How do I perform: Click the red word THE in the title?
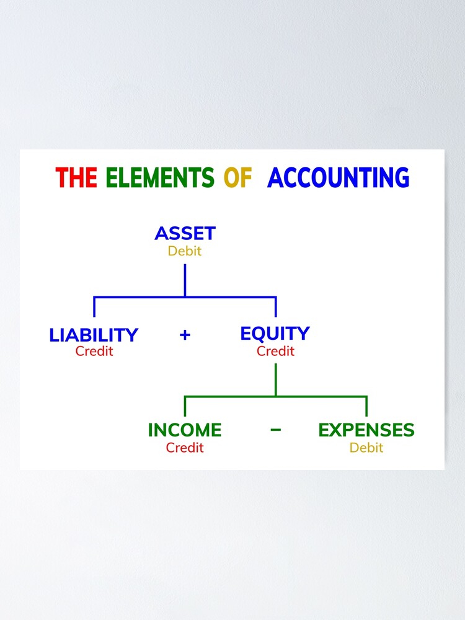(76, 178)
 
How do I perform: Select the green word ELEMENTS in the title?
(159, 178)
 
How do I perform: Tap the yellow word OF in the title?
(237, 178)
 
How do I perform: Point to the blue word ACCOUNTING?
(338, 178)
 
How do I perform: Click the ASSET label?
(185, 234)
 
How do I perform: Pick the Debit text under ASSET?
(185, 251)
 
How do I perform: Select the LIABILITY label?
(94, 335)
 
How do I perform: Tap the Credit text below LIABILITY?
(94, 351)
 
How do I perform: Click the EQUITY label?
(275, 334)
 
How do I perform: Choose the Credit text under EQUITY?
(275, 351)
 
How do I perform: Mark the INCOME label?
(184, 430)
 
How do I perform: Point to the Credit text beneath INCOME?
(185, 447)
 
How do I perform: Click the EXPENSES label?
(366, 430)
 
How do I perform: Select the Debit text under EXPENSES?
(366, 447)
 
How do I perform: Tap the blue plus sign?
(185, 335)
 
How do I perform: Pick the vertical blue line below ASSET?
(185, 280)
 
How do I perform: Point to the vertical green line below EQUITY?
(276, 379)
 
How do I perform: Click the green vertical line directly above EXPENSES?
(366, 406)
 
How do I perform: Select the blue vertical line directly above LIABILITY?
(94, 307)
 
